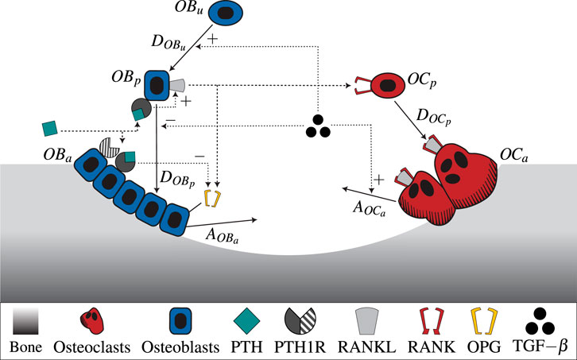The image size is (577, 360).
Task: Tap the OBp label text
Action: [x=127, y=81]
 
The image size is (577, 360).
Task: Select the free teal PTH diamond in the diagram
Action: [x=49, y=126]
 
